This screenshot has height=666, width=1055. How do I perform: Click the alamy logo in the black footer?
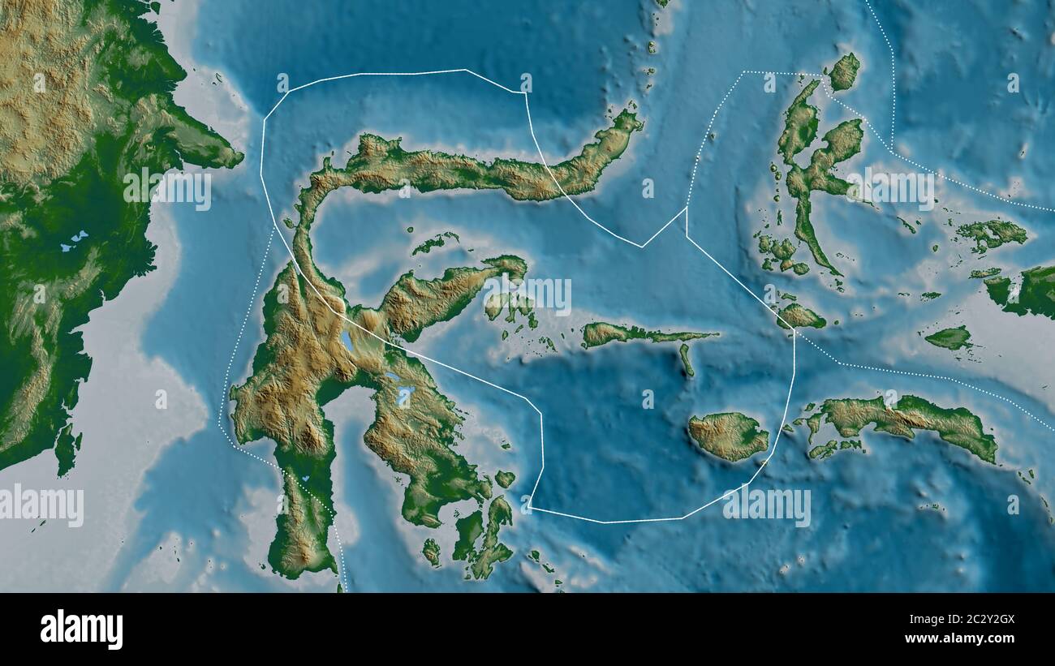point(82,629)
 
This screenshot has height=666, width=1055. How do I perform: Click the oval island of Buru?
point(729,436)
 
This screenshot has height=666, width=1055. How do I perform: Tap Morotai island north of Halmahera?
point(843,72)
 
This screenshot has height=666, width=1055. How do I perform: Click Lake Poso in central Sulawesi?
point(349,340)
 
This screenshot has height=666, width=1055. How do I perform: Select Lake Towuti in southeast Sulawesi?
point(406,396)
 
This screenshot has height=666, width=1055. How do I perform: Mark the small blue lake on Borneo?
point(79,238)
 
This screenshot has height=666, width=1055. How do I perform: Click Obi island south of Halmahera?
point(799,316)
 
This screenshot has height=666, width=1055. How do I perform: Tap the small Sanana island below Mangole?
point(687,359)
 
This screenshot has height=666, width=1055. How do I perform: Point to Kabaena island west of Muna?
point(431,552)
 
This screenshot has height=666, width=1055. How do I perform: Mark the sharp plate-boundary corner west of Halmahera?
point(687,208)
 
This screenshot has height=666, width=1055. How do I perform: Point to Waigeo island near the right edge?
point(991,234)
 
